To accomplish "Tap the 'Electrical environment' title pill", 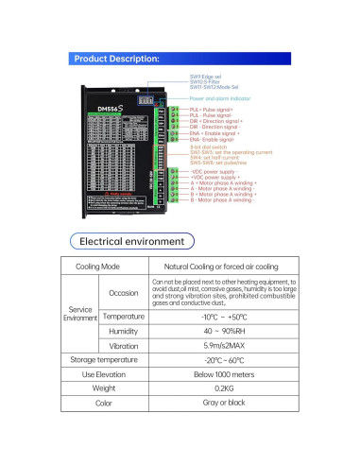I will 179,241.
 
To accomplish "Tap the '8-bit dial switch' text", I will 208,146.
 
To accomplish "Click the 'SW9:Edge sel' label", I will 206,77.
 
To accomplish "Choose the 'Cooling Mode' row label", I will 103,267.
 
